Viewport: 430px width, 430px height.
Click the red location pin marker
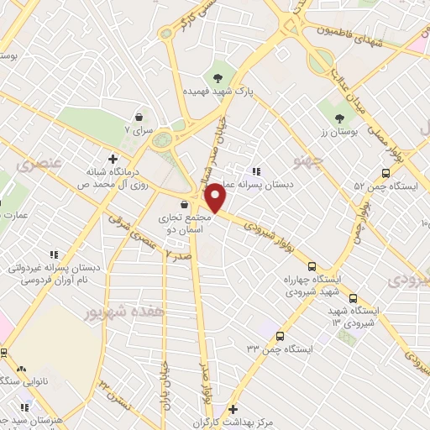pyautogui.click(x=216, y=197)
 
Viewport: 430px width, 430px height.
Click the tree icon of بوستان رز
pyautogui.click(x=339, y=118)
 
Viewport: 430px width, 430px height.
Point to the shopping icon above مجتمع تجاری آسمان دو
pyautogui.click(x=184, y=204)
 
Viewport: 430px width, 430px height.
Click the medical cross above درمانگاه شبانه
pyautogui.click(x=113, y=157)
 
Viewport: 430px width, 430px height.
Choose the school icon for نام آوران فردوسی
pyautogui.click(x=54, y=254)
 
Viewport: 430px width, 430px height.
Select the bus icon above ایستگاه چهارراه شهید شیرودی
pyautogui.click(x=312, y=265)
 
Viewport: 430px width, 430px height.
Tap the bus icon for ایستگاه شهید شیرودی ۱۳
pyautogui.click(x=352, y=298)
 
